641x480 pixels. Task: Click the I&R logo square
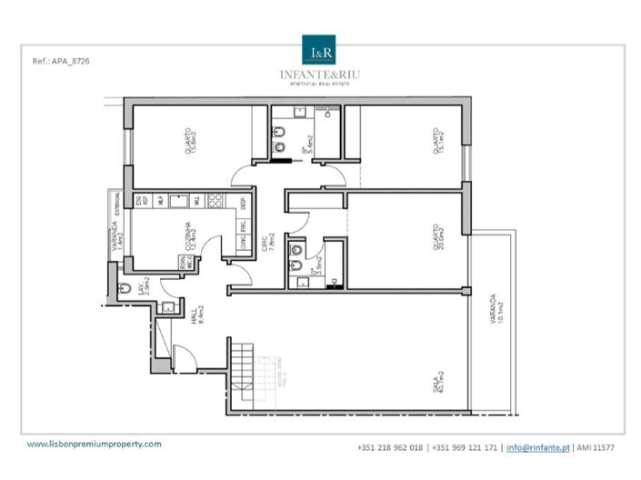(319, 49)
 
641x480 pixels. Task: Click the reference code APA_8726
(61, 62)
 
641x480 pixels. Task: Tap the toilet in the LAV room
(125, 289)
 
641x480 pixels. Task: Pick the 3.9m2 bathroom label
(315, 266)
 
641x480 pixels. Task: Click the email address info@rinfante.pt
(537, 447)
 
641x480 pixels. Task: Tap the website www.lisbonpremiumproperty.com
(94, 444)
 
